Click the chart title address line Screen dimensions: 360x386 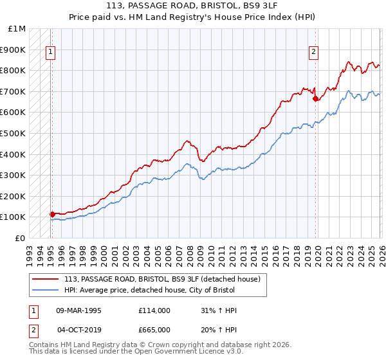pyautogui.click(x=193, y=6)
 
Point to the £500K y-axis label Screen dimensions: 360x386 pyautogui.click(x=14, y=134)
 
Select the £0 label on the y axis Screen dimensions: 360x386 pyautogui.click(x=21, y=238)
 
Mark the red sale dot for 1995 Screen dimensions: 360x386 pyautogui.click(x=53, y=214)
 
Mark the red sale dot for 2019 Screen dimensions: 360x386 pyautogui.click(x=315, y=99)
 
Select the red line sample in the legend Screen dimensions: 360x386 pyautogui.click(x=46, y=279)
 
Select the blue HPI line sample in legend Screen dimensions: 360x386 pyautogui.click(x=46, y=290)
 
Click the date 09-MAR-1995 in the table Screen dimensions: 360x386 pyautogui.click(x=79, y=310)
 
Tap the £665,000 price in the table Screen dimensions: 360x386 pyautogui.click(x=154, y=329)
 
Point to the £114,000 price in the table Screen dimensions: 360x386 pyautogui.click(x=154, y=310)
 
